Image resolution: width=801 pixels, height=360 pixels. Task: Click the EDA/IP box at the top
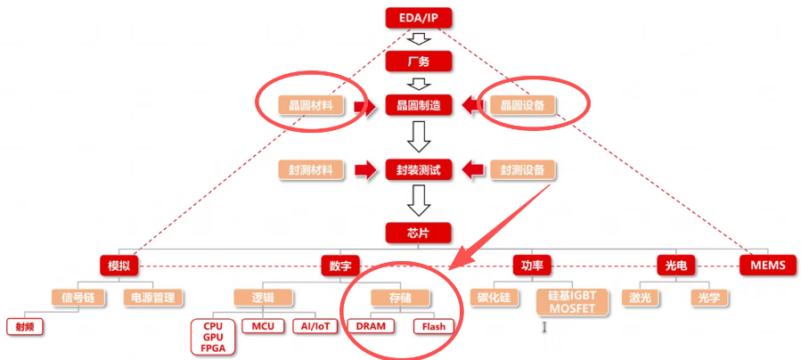(x=419, y=17)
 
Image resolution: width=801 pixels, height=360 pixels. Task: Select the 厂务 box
(x=419, y=61)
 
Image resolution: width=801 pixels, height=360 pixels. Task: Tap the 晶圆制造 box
(x=419, y=106)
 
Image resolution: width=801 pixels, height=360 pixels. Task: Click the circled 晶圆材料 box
(x=311, y=106)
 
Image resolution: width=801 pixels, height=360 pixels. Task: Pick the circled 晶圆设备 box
(x=523, y=106)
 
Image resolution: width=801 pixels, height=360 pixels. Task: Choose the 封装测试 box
(x=419, y=169)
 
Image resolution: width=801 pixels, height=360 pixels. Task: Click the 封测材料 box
(x=311, y=169)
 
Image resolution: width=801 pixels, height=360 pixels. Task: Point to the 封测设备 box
(x=523, y=169)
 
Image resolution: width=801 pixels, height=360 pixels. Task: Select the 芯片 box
(x=419, y=233)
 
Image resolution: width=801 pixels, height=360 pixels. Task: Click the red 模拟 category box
(x=119, y=266)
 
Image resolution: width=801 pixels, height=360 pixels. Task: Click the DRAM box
(x=372, y=326)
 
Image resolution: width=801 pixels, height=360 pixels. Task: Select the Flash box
(x=433, y=326)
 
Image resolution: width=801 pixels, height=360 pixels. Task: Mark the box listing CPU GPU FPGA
(x=214, y=338)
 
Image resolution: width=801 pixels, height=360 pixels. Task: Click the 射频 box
(x=25, y=326)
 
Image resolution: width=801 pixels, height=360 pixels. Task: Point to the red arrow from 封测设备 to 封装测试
(x=473, y=169)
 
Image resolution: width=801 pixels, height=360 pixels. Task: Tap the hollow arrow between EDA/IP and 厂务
(x=419, y=39)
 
